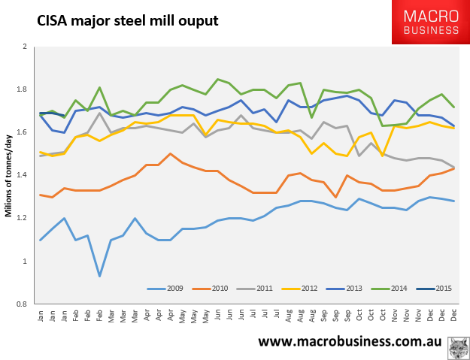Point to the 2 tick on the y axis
pos(25,47)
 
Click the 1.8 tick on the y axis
pos(23,89)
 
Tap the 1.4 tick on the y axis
pos(23,175)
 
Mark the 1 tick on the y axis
pos(25,262)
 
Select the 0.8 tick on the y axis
pos(23,304)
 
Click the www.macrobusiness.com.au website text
pos(349,342)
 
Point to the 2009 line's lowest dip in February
pos(100,276)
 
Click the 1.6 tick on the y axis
pos(23,132)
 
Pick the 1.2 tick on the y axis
pos(23,219)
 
